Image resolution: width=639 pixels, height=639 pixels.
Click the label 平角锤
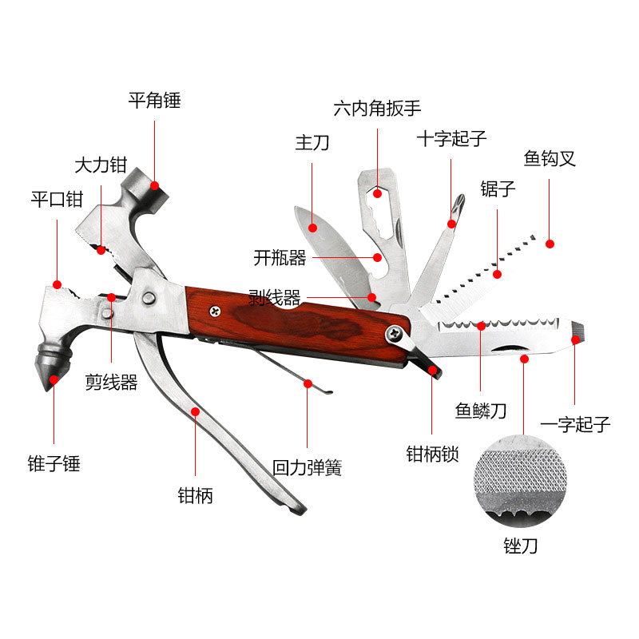pos(155,101)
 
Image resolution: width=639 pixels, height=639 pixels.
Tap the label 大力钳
pos(101,166)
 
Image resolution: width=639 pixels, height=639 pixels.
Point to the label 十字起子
pos(451,138)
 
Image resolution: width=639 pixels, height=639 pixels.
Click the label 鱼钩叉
pos(550,158)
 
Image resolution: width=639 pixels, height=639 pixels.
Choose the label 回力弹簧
pos(308,468)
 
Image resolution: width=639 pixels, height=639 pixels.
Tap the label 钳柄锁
pos(433,454)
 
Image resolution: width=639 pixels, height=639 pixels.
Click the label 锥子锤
pos(54,463)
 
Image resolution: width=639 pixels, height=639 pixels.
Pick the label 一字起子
pos(575,424)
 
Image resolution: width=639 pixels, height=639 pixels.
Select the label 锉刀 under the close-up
pos(521,547)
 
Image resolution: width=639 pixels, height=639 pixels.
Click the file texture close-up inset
pos(521,479)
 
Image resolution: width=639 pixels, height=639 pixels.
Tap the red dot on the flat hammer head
pos(155,185)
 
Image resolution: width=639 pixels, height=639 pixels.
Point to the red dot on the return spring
pos(308,384)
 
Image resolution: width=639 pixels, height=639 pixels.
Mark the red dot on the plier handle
pos(196,412)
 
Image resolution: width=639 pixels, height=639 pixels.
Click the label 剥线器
pos(274,298)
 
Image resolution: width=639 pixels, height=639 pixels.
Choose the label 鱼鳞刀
pos(481,411)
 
